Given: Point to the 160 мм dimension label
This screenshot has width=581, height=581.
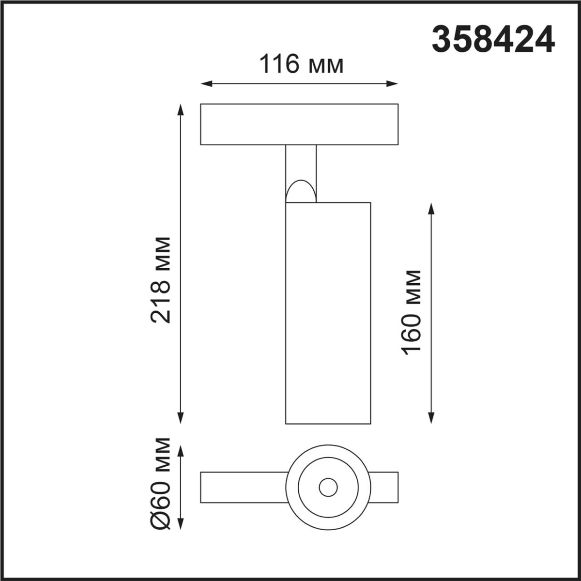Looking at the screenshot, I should pos(412,312).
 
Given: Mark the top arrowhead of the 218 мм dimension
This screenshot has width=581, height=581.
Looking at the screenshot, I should pos(181,109).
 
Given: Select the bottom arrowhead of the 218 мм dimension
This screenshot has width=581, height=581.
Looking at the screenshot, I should pos(181,419).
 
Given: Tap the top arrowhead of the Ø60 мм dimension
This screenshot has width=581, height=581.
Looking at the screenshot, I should pos(181,451).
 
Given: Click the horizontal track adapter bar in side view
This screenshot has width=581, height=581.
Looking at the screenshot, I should pos(299,124).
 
